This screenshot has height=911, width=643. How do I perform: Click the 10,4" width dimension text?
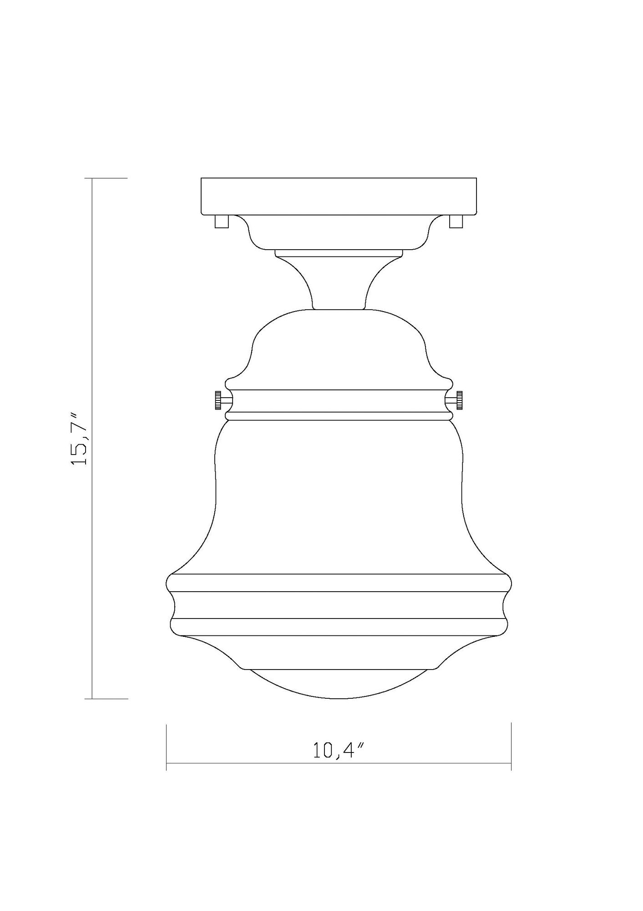tap(339, 750)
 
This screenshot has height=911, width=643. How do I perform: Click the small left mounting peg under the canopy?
tap(221, 221)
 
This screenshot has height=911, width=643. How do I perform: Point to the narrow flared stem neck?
tap(339, 282)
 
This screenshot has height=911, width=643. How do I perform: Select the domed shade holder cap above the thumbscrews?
tap(339, 346)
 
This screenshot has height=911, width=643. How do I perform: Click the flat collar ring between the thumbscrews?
tap(339, 401)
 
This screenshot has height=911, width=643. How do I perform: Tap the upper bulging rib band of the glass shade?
tap(339, 583)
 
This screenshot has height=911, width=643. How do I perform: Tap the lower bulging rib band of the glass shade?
tap(339, 627)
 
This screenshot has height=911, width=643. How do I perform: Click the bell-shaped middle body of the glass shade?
tap(339, 496)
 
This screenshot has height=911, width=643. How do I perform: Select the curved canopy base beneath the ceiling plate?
tap(339, 232)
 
